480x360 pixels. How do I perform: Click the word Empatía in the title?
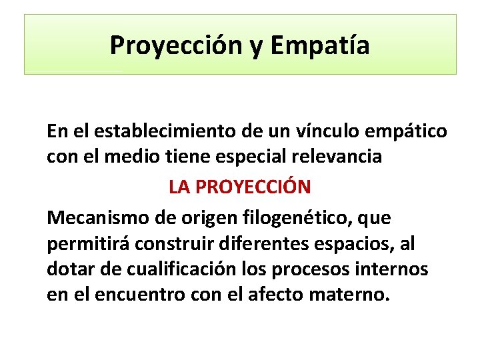321,45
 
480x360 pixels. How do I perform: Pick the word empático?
409,132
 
